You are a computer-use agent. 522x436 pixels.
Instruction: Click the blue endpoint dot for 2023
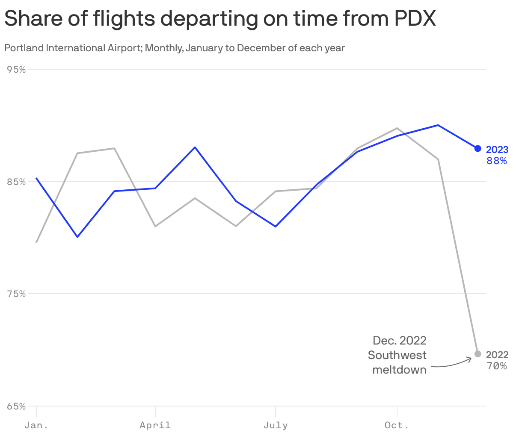[478, 148]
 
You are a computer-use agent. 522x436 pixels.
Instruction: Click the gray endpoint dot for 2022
[478, 354]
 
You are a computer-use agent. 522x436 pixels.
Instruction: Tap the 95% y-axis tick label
[17, 69]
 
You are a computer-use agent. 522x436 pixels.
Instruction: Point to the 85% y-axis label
[17, 182]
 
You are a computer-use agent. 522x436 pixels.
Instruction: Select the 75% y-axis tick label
[17, 294]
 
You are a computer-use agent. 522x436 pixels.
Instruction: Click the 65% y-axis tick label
[17, 406]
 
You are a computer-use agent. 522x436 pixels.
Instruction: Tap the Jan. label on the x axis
[36, 425]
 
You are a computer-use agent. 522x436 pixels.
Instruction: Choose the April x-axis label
[155, 425]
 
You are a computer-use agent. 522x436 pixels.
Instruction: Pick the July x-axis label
[276, 425]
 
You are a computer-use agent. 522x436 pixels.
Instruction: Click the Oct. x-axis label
[397, 425]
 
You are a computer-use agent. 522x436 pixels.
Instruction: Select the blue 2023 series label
[497, 150]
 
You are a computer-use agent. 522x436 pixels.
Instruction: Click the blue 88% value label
[497, 161]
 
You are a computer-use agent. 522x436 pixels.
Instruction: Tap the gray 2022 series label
[497, 355]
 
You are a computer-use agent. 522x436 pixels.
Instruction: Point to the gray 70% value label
[497, 366]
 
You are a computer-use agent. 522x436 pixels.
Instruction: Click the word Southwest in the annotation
[397, 355]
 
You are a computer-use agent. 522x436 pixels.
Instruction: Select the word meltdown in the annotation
[399, 370]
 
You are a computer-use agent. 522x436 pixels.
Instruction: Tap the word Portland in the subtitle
[24, 48]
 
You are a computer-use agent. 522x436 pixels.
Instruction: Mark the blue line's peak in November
[438, 125]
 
